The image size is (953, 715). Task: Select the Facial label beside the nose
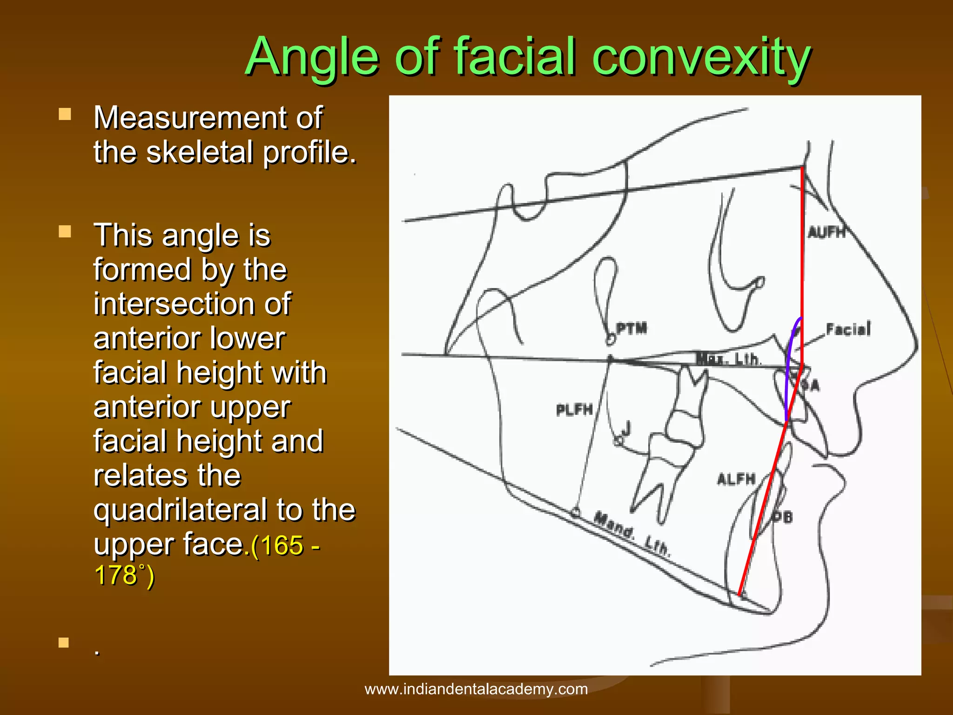848,329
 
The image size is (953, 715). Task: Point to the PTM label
631,328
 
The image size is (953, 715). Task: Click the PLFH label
575,410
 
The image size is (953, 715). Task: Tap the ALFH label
736,479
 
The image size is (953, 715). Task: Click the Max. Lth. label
728,359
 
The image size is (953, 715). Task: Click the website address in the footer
476,689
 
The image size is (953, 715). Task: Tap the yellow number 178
115,574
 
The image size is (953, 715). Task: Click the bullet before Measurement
65,114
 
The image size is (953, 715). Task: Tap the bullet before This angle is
65,231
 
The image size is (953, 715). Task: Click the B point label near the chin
784,517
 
